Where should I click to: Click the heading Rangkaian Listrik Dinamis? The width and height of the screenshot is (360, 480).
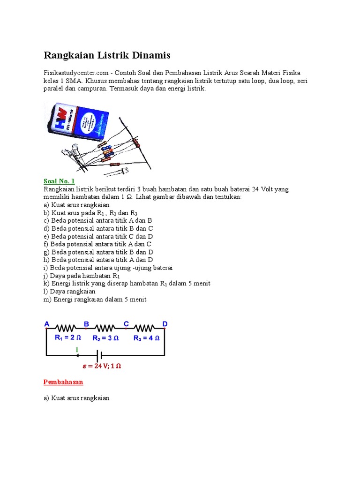[x=107, y=56]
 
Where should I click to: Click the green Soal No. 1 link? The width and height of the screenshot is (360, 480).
[x=59, y=181]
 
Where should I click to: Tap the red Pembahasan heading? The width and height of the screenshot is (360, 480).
[x=63, y=382]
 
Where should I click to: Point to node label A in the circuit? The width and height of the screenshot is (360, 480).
[x=46, y=324]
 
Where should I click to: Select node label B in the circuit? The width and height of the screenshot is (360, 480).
[x=86, y=324]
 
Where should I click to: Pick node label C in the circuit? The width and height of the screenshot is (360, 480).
[x=126, y=324]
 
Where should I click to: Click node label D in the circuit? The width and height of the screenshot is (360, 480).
[x=165, y=324]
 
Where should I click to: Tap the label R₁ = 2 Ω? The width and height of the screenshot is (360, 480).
[x=68, y=337]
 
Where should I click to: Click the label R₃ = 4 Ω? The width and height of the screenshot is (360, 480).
[x=146, y=337]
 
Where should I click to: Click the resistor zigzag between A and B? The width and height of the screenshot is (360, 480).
[x=66, y=328]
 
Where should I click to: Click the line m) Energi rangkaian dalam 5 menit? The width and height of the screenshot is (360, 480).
[x=95, y=299]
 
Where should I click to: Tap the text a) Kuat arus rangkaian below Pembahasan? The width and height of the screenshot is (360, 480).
[x=76, y=397]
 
